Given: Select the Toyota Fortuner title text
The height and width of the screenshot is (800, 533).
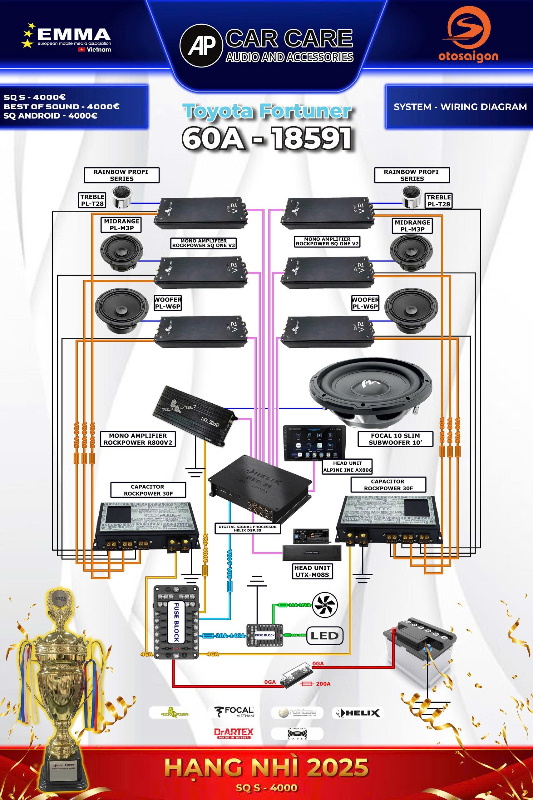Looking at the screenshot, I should (267, 112).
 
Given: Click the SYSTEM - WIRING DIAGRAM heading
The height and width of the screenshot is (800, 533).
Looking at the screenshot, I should (460, 107).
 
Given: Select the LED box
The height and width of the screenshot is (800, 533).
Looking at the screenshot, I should (324, 636).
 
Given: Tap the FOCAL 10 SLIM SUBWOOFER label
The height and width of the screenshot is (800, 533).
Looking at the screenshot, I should (395, 439).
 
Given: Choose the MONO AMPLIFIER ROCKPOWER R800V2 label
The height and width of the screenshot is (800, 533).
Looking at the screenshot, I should (138, 439).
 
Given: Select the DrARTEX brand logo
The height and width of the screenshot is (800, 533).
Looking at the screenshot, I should (234, 733).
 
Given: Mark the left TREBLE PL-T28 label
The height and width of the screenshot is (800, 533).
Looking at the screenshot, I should (92, 200).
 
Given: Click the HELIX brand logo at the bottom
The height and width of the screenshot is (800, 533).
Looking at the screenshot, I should (358, 712).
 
